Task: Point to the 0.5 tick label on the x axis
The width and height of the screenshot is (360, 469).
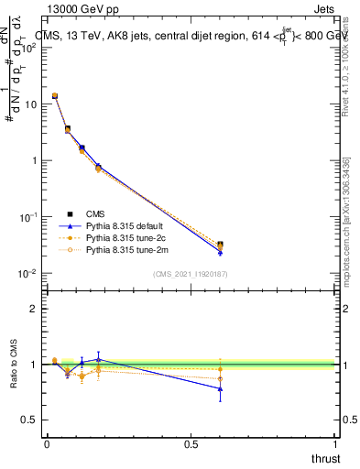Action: pyautogui.click(x=191, y=443)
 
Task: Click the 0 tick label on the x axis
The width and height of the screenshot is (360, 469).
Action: pyautogui.click(x=47, y=443)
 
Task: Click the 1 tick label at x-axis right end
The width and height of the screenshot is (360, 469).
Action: pyautogui.click(x=335, y=443)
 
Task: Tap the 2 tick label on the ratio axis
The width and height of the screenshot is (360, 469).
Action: pyautogui.click(x=34, y=309)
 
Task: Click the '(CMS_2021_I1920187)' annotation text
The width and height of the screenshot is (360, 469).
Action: pyautogui.click(x=190, y=273)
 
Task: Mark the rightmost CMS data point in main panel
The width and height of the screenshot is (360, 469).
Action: pyautogui.click(x=220, y=245)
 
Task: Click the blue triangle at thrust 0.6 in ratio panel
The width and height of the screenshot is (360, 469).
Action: pyautogui.click(x=220, y=388)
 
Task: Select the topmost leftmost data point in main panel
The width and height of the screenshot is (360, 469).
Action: pyautogui.click(x=55, y=95)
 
